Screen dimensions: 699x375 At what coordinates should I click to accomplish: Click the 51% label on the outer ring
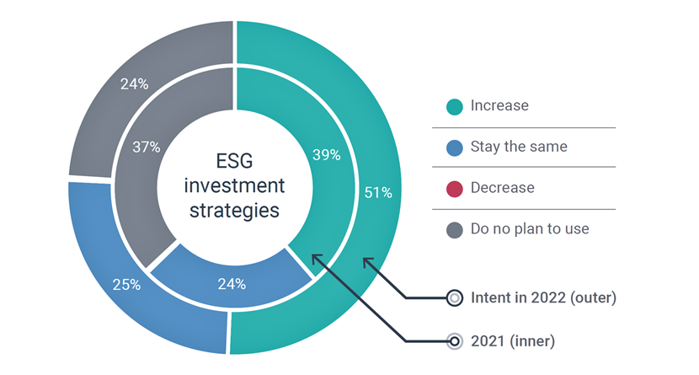point(378,192)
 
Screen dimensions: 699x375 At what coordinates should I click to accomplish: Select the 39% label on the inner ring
point(326,155)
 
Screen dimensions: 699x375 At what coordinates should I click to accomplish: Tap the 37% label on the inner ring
point(147,147)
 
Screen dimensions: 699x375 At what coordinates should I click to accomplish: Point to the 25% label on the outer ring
point(126,285)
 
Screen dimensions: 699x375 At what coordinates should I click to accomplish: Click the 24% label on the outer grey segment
point(134,83)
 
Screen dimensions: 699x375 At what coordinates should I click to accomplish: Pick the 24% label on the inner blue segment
point(232,284)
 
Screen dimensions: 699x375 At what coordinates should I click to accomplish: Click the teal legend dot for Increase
point(454,106)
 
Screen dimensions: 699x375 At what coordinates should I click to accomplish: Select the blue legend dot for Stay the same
point(454,148)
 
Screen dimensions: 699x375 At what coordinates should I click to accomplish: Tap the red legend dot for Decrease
point(454,189)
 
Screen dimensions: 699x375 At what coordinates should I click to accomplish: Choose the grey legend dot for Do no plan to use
point(454,230)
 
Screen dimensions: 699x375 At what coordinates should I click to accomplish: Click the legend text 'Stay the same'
point(519,147)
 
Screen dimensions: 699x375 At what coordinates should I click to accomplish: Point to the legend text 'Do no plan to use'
point(530,228)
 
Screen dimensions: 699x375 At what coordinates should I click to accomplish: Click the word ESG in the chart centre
point(234,161)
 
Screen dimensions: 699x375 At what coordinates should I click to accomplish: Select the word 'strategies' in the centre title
point(234,211)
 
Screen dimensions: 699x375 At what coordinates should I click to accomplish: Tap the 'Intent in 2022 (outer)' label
point(543,297)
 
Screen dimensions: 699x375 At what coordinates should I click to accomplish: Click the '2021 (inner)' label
point(513,341)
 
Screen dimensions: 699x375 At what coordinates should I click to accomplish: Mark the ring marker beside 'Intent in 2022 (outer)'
point(454,297)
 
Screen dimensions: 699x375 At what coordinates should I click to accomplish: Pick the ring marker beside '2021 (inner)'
point(454,341)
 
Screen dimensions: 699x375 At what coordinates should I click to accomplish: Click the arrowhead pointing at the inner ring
point(316,259)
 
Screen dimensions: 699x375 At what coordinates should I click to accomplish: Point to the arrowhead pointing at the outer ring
point(367,262)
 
